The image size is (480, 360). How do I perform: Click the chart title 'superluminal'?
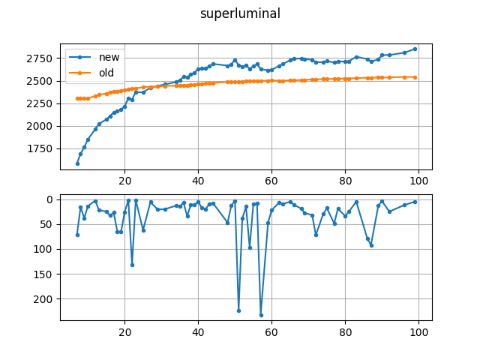point(240,13)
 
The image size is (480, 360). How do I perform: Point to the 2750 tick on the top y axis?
point(41,58)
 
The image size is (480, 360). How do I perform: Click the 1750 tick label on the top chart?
point(41,148)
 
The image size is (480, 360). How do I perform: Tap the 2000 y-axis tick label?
point(41,126)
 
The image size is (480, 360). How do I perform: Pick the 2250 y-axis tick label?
point(41,103)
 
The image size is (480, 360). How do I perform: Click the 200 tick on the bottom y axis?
point(45,298)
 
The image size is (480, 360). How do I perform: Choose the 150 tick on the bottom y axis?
point(45,274)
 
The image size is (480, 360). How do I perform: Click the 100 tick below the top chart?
point(419,181)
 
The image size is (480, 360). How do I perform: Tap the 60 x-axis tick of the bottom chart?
point(272,331)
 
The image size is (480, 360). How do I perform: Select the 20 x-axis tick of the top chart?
point(124,181)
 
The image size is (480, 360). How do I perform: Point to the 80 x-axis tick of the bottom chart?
point(346,331)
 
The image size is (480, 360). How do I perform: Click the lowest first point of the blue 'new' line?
point(77,163)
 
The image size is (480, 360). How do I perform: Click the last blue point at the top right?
point(415,49)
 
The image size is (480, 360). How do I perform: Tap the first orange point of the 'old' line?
point(77,98)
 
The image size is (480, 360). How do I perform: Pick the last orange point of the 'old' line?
point(415,77)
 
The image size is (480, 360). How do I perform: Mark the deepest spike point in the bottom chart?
point(261,315)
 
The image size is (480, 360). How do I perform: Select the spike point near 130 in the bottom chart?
point(132,265)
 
